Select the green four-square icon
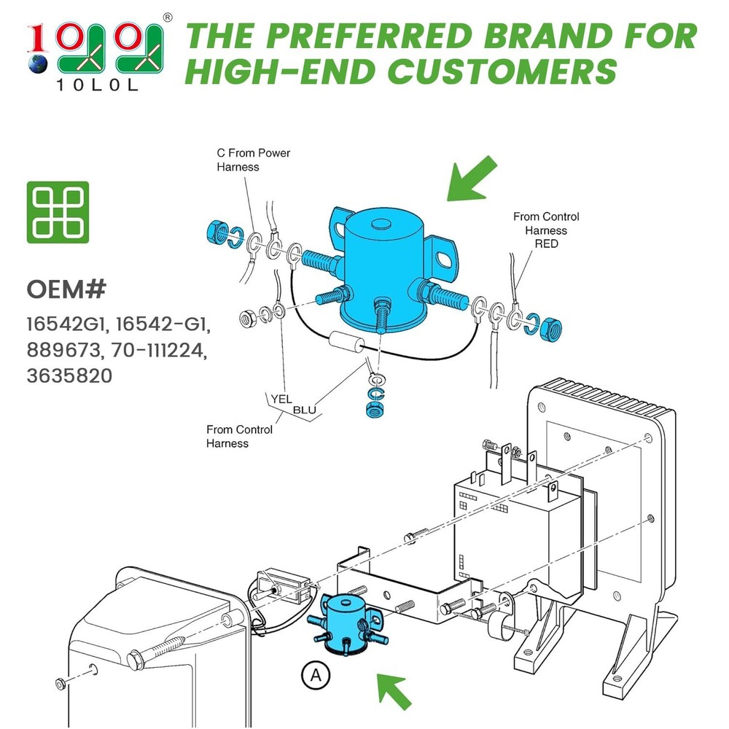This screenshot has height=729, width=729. pos(58,212)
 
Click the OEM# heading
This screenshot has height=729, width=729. pos(66,289)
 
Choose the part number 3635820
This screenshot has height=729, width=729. pos(69,378)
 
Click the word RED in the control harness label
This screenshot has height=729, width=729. pos(546,243)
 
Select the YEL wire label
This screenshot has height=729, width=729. pos(281,399)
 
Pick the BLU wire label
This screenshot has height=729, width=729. pos(305,410)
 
